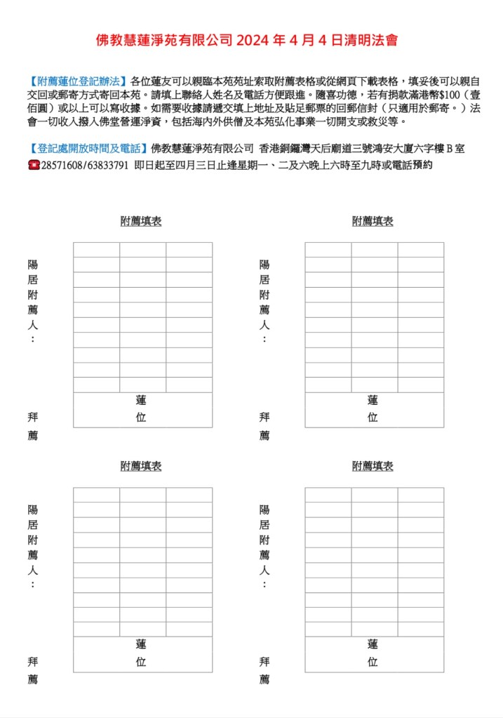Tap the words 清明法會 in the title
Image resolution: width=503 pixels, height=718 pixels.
tap(375, 41)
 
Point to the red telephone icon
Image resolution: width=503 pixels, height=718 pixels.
tap(34, 166)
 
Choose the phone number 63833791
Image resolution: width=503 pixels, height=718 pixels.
tap(107, 166)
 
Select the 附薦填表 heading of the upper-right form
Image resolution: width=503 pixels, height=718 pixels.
tap(373, 221)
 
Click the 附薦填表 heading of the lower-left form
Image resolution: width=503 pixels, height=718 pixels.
tap(141, 466)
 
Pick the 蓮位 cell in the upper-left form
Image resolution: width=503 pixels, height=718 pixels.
tap(142, 408)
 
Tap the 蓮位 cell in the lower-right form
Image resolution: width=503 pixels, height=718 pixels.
tap(373, 653)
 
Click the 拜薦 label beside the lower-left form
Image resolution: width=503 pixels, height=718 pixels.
tap(33, 670)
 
